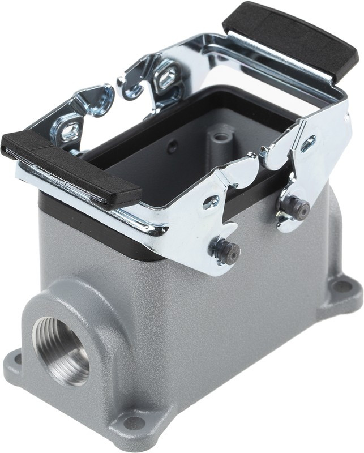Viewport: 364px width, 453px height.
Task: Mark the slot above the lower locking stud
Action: coord(212,201)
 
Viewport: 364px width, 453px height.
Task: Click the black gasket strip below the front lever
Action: coord(102,238)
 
